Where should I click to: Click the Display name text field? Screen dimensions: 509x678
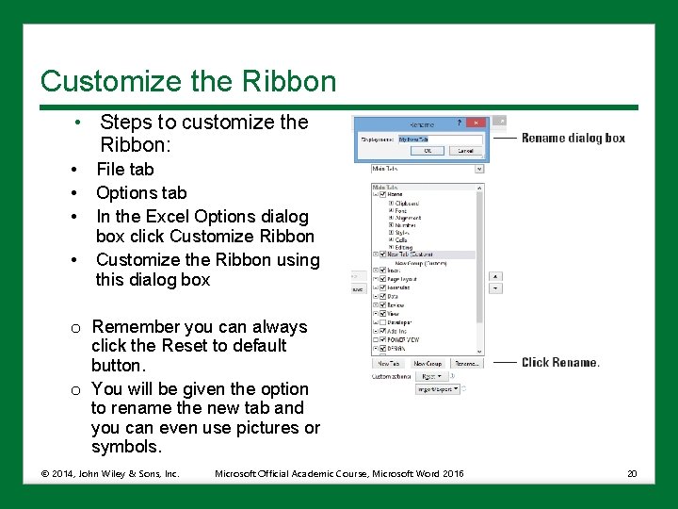440,139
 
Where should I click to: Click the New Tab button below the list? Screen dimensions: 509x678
389,363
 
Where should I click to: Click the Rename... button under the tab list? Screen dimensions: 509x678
466,363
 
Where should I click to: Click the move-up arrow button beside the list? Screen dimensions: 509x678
495,277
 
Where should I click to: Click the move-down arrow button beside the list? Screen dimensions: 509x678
495,289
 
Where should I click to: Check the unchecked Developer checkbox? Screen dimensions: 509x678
382,322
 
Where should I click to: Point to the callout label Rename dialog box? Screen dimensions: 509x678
573,138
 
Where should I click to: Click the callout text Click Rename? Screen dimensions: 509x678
560,362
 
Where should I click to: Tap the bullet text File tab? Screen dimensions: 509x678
124,170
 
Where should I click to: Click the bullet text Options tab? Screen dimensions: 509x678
141,192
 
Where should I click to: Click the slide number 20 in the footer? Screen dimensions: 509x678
633,472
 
